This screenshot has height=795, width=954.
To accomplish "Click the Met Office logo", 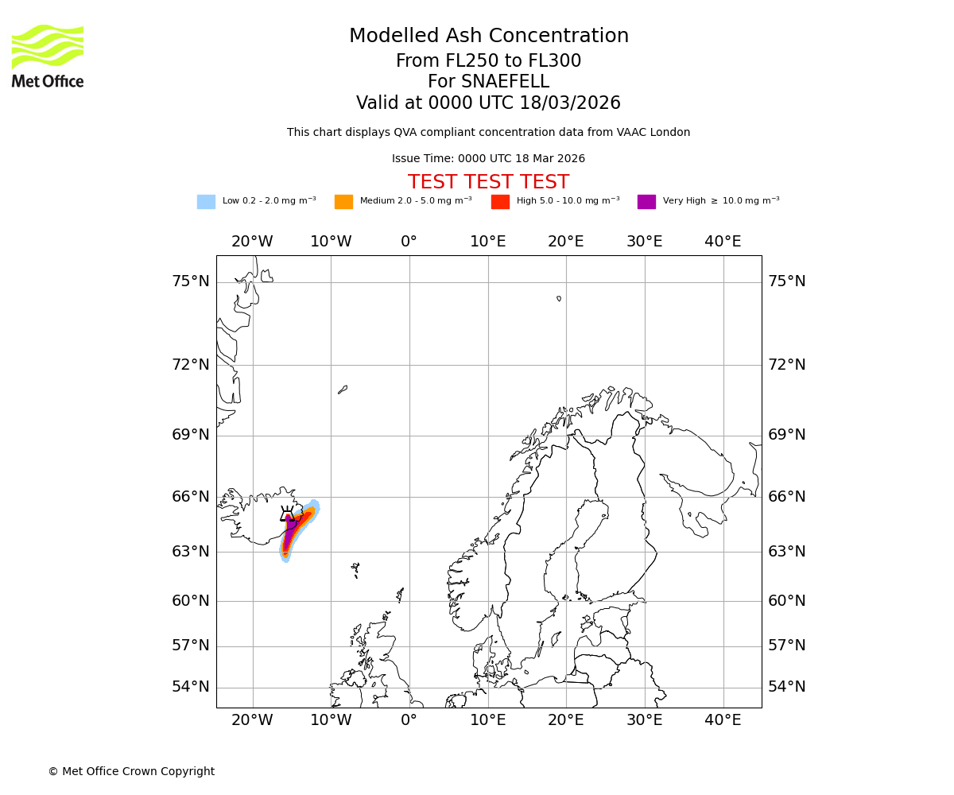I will click(x=48, y=56).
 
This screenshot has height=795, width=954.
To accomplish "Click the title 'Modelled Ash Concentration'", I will click(x=488, y=37).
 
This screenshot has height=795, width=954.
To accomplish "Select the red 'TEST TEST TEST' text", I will click(x=488, y=182).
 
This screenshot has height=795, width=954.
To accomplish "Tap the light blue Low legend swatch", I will click(x=206, y=202).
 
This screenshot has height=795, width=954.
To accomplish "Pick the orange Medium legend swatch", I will click(x=343, y=202).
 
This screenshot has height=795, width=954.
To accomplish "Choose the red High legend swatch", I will click(x=500, y=202).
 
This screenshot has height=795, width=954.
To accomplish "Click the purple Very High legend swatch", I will click(x=646, y=202).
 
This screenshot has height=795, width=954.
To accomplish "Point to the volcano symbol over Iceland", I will click(x=288, y=514).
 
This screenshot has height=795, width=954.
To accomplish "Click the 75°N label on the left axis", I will click(x=191, y=281).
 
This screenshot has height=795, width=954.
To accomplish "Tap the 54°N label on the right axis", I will click(x=786, y=687).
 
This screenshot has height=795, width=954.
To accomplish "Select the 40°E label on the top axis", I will click(x=723, y=242).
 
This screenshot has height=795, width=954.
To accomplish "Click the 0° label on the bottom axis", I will click(x=409, y=720).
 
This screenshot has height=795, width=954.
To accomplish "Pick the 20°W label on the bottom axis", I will click(x=252, y=720).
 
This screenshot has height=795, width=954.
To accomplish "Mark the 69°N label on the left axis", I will click(x=191, y=435).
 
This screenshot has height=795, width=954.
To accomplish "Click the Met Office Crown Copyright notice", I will click(x=131, y=771).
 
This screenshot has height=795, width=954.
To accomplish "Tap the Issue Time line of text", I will click(x=488, y=159).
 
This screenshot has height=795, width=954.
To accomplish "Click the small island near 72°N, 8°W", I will click(x=343, y=390).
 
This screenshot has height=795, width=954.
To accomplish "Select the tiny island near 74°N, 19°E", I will click(x=559, y=299).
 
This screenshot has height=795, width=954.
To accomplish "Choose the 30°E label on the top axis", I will click(x=644, y=242).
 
